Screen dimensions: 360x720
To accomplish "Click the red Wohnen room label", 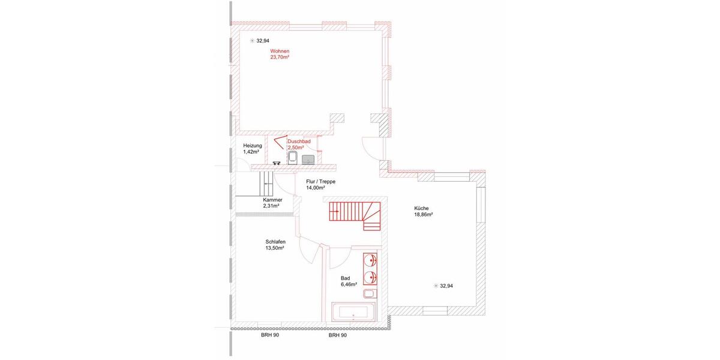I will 280,52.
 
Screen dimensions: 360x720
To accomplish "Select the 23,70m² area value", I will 280,58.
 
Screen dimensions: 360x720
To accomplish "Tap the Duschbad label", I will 298,142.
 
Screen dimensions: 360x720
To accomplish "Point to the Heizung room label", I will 252,146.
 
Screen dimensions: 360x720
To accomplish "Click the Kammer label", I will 272,200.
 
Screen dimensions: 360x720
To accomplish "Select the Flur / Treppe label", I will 320,181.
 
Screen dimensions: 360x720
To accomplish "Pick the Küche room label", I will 421,208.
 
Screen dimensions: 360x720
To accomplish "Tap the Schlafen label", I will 275,242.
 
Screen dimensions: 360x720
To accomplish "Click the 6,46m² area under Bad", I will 349,284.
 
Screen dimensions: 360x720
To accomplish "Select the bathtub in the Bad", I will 354,312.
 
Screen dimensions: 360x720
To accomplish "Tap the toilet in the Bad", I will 370,293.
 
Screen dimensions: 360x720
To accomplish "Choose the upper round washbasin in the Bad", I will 371,260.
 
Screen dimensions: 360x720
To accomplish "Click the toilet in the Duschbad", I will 293,158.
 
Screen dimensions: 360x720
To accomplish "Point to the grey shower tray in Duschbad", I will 308,159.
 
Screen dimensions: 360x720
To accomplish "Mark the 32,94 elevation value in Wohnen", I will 263,41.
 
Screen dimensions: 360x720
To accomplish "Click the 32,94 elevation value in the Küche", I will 446,286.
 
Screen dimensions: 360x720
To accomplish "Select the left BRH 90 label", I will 269,335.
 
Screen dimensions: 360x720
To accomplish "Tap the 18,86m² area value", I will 423,214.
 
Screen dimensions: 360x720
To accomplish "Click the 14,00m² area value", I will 316,187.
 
